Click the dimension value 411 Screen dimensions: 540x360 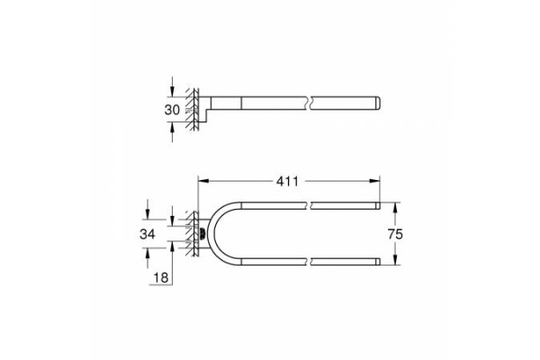[x=287, y=181]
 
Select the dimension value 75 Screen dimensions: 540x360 [x=395, y=234]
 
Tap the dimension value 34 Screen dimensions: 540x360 [x=148, y=234]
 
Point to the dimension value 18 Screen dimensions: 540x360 [x=161, y=278]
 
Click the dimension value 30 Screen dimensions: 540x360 [x=172, y=110]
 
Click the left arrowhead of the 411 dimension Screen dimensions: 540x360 [x=202, y=181]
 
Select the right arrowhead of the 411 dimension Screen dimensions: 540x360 [x=374, y=181]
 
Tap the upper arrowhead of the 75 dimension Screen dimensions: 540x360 [x=395, y=207]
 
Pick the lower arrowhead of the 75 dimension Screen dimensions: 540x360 [x=395, y=260]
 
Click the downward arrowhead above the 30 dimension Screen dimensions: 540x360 [x=172, y=92]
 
